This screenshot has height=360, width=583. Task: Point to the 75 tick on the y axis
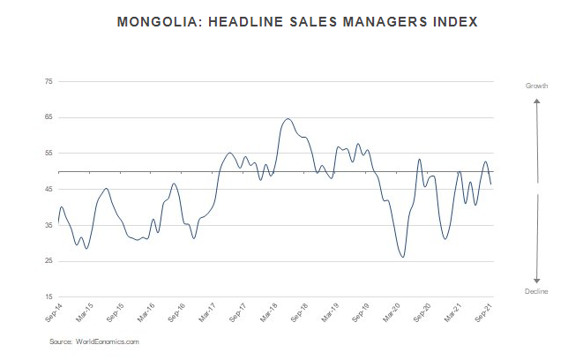(49, 81)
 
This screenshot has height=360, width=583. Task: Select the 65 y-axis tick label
(49, 117)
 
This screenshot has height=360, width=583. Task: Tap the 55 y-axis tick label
(49, 154)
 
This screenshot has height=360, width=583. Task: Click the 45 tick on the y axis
(49, 190)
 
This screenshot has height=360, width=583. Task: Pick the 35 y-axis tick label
(49, 226)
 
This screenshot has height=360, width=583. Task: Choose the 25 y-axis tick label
(49, 262)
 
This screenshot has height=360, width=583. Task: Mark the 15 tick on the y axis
(49, 298)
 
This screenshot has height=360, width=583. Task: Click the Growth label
(537, 86)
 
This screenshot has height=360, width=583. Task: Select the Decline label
(537, 291)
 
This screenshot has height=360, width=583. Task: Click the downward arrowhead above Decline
(537, 280)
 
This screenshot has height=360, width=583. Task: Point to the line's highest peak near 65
(288, 119)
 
